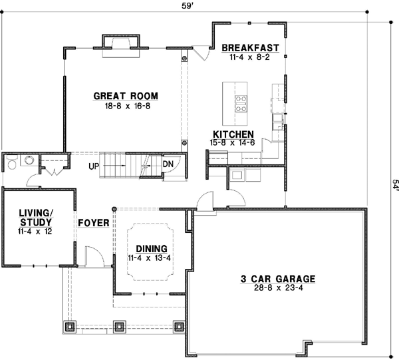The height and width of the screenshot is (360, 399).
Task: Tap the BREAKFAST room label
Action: (x=249, y=48)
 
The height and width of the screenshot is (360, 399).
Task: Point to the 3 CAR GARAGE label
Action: (x=277, y=279)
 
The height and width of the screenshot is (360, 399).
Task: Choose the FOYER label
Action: (x=94, y=222)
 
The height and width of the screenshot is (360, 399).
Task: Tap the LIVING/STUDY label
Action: (x=35, y=217)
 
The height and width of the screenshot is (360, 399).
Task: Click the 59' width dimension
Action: (x=198, y=5)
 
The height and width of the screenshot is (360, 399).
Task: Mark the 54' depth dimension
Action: (x=394, y=184)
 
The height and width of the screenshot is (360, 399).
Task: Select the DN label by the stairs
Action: (x=168, y=164)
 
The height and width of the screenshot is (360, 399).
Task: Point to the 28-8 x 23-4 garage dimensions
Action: (x=277, y=288)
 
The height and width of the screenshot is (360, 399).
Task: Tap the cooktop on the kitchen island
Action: (x=240, y=102)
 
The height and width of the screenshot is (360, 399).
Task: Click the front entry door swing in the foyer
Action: (x=93, y=256)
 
